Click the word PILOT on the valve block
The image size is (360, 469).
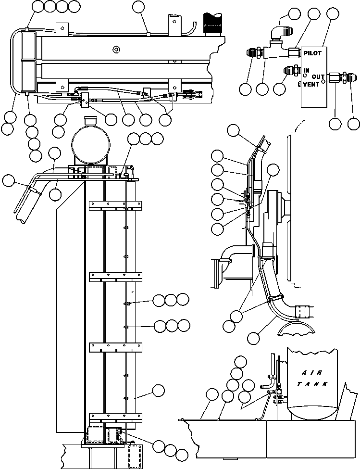[313, 53]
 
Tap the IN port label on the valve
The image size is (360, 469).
[306, 70]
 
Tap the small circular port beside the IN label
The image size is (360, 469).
[305, 76]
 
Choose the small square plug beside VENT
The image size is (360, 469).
[299, 84]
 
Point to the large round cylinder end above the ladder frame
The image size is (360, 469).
[91, 143]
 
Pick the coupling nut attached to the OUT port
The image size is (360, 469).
[334, 77]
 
